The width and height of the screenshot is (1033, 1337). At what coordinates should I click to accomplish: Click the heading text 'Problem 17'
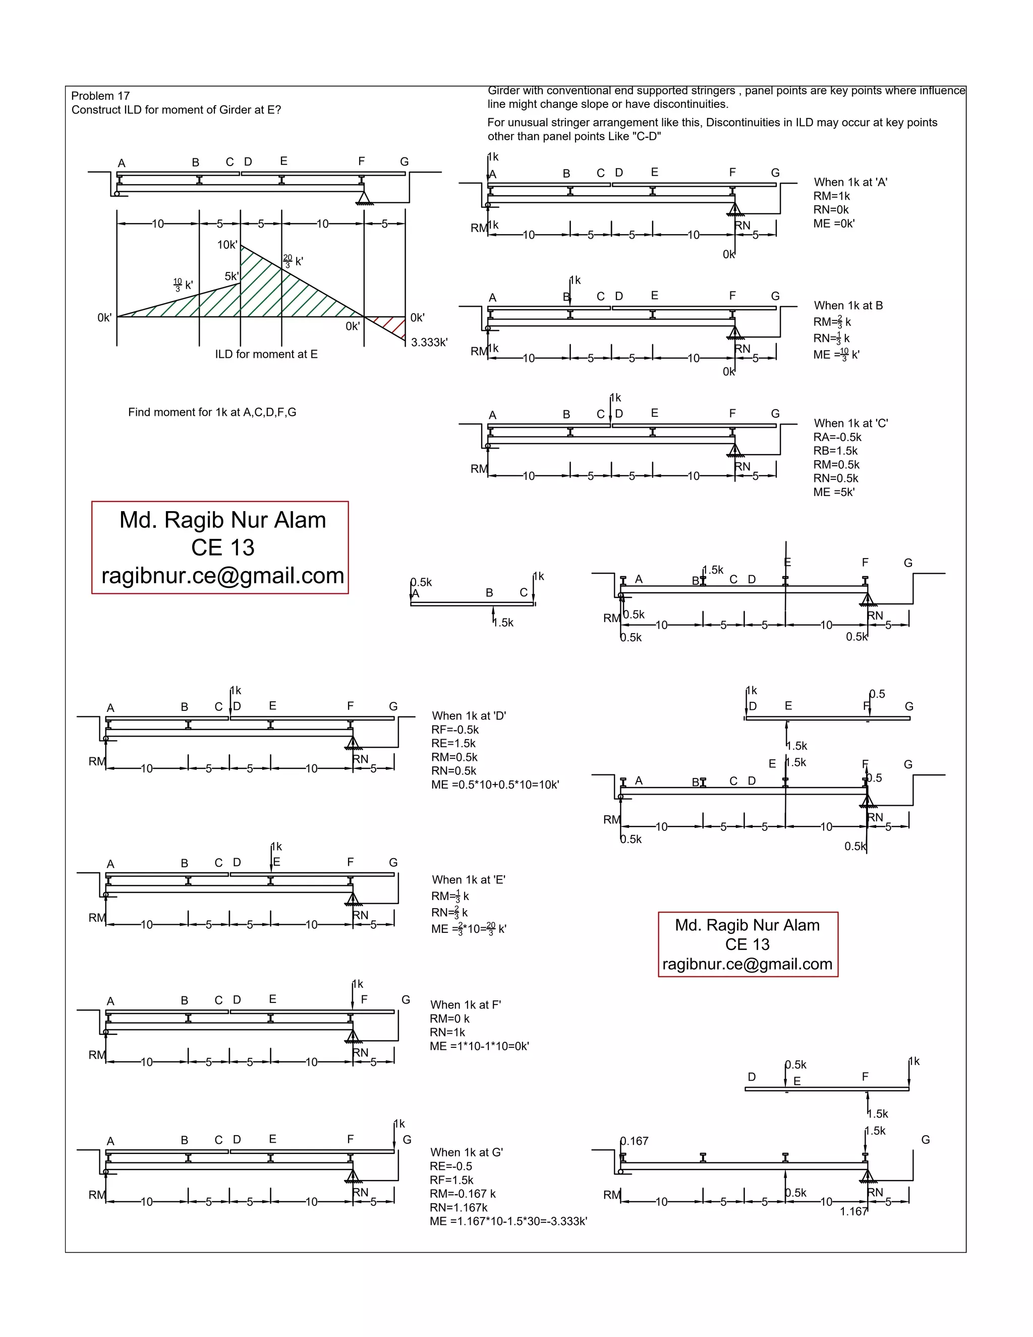(x=100, y=96)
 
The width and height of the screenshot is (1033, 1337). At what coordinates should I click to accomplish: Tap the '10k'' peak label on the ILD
(x=227, y=245)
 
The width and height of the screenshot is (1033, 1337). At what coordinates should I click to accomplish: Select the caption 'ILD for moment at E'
(x=266, y=355)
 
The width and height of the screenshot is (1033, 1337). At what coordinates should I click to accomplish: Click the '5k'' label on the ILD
(x=232, y=276)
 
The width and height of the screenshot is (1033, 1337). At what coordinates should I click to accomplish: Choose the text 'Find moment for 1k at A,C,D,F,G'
(x=212, y=413)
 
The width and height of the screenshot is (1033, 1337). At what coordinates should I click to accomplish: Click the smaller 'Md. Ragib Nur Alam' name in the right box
(x=747, y=925)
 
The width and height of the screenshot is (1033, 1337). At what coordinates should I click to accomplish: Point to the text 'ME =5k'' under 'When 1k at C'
(x=833, y=492)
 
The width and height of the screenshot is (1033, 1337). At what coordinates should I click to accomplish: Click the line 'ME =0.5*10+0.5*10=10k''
(x=495, y=785)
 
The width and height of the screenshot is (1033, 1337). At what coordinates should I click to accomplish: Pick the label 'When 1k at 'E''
(x=468, y=880)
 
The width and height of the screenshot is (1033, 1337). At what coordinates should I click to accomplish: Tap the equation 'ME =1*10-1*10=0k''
(x=479, y=1046)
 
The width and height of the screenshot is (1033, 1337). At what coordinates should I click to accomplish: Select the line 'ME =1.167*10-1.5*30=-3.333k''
(x=508, y=1221)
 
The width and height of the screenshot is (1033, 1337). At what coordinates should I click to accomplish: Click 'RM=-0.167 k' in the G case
(x=463, y=1194)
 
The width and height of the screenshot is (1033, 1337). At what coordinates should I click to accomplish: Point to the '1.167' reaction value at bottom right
(x=853, y=1211)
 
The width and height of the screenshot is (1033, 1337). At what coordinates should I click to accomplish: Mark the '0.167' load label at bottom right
(x=635, y=1141)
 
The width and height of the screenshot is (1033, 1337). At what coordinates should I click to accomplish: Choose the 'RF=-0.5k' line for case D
(x=454, y=730)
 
